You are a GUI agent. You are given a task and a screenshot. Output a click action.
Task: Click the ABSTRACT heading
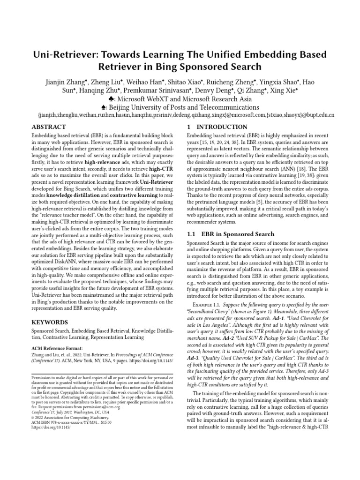tap(48, 127)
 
